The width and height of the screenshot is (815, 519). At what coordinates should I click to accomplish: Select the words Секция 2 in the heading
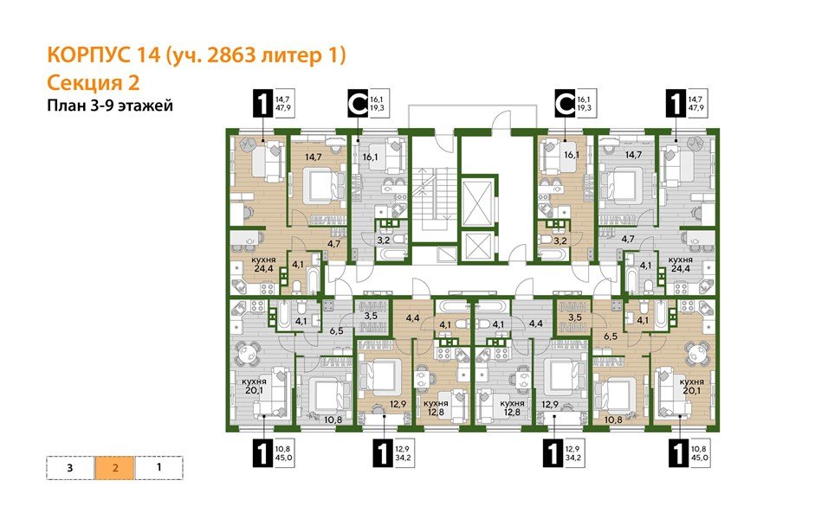pyautogui.click(x=91, y=83)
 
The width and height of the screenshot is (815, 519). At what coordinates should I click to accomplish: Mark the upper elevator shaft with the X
pyautogui.click(x=477, y=195)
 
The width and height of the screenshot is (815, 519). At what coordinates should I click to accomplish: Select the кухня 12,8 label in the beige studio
pyautogui.click(x=436, y=407)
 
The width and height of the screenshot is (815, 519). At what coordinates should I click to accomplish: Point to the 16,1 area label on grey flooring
pyautogui.click(x=372, y=158)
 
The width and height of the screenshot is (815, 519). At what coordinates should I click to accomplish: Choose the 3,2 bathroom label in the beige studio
pyautogui.click(x=560, y=240)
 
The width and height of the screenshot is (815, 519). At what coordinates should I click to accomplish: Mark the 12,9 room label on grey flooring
pyautogui.click(x=549, y=404)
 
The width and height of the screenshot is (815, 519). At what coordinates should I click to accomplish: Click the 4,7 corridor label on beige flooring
pyautogui.click(x=333, y=244)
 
